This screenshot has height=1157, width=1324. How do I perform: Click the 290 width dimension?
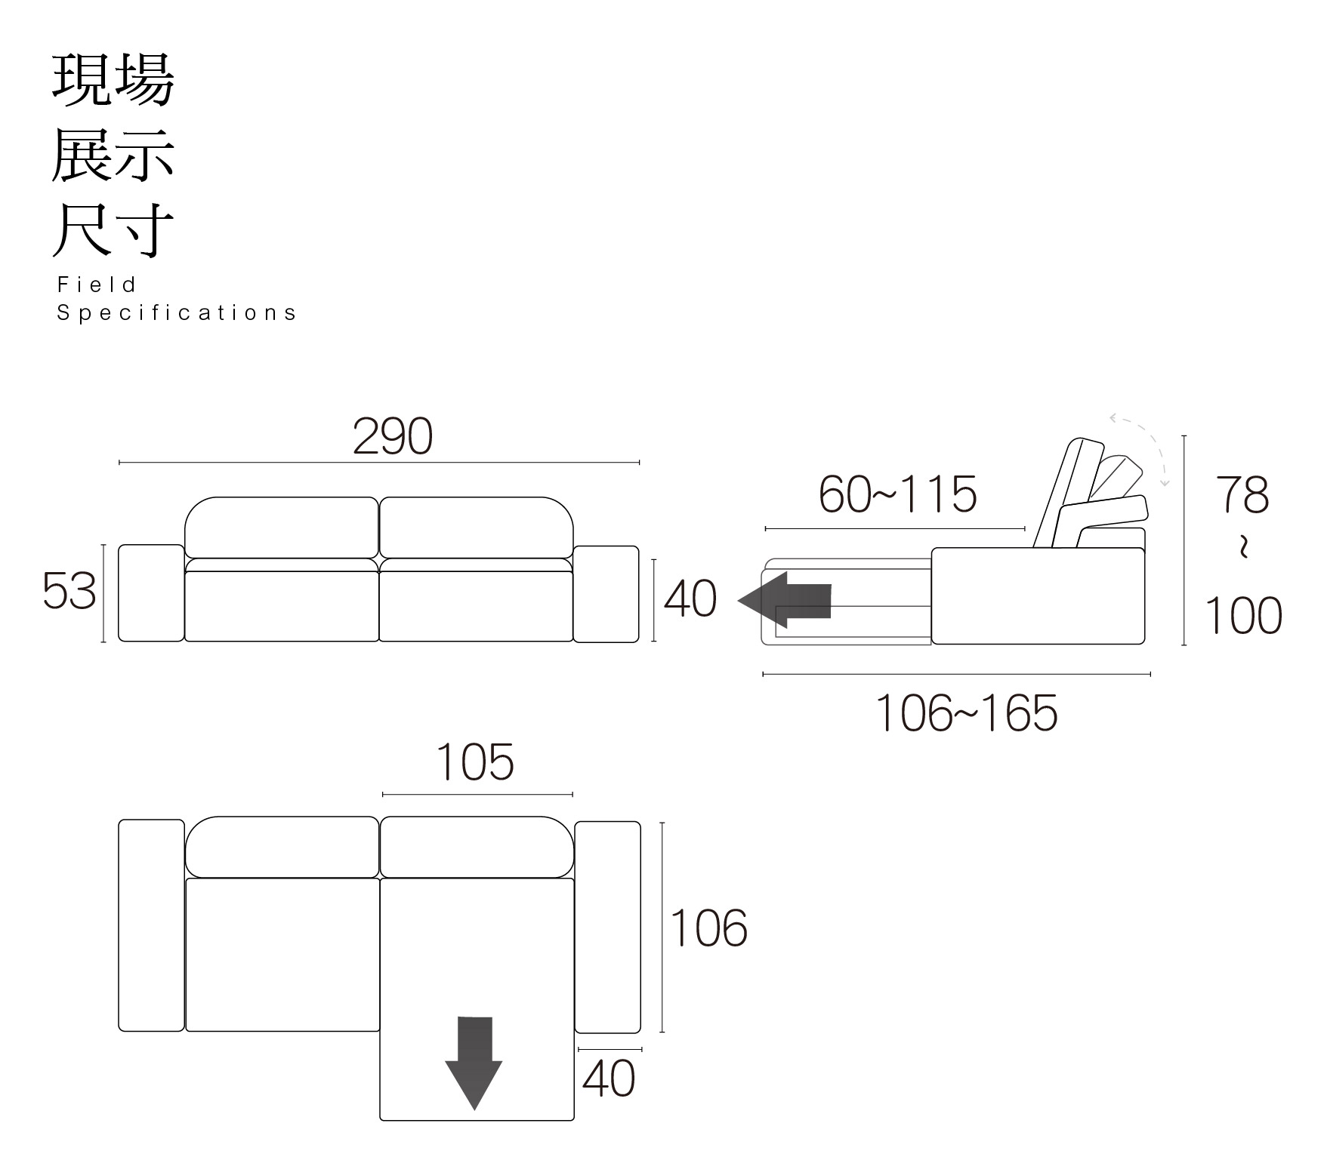393,436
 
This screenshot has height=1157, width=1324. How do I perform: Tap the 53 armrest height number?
69,591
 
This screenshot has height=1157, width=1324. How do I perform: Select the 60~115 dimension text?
897,495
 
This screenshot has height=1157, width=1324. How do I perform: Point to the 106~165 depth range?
966,713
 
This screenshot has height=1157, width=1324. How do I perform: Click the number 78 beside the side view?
1242,495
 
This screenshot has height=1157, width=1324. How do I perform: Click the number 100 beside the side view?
1242,616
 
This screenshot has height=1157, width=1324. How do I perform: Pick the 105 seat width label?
475,762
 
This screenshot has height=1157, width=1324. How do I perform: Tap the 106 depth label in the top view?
708,928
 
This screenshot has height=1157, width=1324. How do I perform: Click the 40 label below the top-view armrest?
609,1079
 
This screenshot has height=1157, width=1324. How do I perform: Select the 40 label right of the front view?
690,600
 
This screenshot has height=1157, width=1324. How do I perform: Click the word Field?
97,285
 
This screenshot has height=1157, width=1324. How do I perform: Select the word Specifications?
177,312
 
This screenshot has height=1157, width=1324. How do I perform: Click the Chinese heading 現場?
113,79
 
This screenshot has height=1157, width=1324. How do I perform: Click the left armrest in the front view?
151,593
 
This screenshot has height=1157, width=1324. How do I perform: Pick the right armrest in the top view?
607,927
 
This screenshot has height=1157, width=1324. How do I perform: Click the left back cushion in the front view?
282,528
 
